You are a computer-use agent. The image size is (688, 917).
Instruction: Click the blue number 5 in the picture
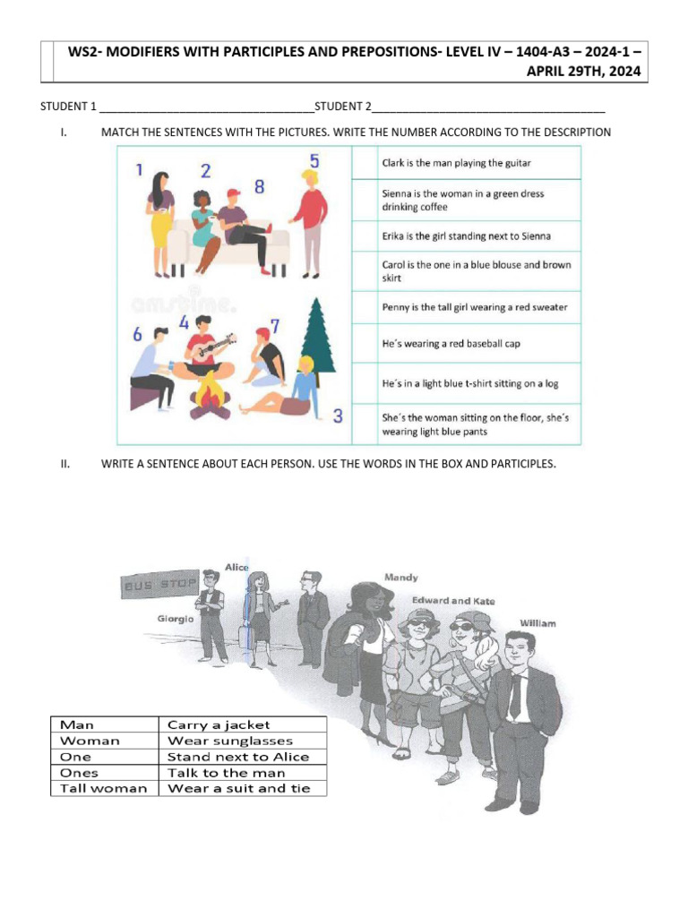tap(314, 162)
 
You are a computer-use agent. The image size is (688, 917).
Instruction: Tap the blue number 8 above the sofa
tap(259, 187)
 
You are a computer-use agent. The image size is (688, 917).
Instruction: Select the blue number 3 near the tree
tap(337, 416)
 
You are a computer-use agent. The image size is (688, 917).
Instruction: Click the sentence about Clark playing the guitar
tap(457, 163)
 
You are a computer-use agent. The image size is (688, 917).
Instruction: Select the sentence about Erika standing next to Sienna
tap(467, 236)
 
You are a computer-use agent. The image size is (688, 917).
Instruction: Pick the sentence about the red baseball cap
tap(451, 344)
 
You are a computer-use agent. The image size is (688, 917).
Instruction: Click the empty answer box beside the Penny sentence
tap(364, 307)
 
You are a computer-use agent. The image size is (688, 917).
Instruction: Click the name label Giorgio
tap(176, 618)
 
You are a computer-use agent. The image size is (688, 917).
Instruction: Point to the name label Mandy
tap(400, 578)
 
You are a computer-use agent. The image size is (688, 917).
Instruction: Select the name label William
tap(537, 622)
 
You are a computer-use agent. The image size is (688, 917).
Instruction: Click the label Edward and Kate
tap(453, 601)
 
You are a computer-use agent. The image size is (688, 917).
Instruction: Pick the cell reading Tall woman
tap(103, 789)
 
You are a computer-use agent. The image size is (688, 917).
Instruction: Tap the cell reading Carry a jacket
tap(219, 724)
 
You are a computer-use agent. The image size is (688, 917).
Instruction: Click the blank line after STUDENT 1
tap(207, 107)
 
